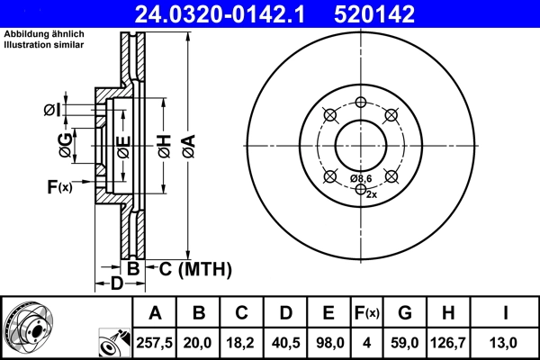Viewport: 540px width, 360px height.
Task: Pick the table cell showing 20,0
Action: (199, 342)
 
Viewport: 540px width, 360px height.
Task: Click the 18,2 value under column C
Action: (242, 342)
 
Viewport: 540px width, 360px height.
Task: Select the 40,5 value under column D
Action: (285, 342)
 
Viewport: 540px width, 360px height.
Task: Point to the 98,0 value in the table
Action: (328, 342)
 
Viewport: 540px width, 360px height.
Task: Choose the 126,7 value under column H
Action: (448, 342)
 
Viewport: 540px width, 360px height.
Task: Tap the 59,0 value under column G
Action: (404, 342)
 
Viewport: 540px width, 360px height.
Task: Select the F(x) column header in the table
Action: (366, 313)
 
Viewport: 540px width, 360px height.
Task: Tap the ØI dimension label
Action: (53, 110)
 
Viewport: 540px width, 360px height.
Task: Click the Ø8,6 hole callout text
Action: (361, 179)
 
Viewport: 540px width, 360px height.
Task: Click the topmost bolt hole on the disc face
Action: (361, 102)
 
